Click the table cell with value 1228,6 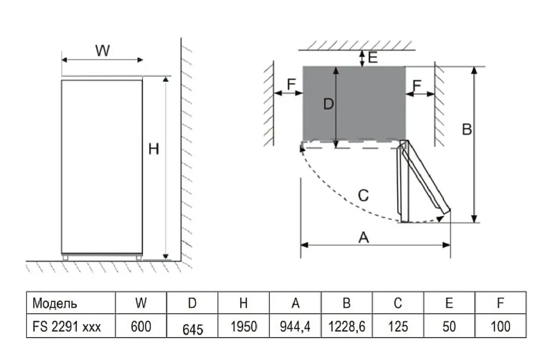point(347,327)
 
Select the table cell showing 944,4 point(295,327)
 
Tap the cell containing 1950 point(244,327)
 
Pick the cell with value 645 point(192,329)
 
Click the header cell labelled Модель point(55,303)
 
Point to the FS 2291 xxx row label point(66,327)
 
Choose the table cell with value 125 point(398,327)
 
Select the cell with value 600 point(141,327)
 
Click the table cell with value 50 point(450,327)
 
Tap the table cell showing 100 point(500,327)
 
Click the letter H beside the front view point(154,148)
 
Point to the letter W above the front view point(102,51)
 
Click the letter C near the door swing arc point(364,195)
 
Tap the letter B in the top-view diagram point(467,130)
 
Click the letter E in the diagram point(373,57)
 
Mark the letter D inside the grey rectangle point(328,104)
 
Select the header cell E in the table point(450,303)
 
